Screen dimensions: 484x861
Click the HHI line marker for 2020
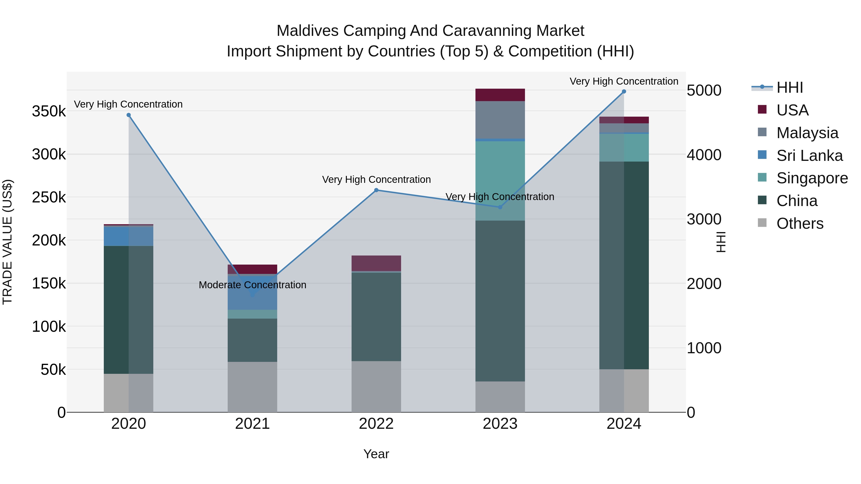coord(129,115)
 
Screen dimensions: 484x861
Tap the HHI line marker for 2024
coord(624,92)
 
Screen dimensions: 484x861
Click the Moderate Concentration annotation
coord(252,285)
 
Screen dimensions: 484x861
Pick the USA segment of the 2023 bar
coord(500,95)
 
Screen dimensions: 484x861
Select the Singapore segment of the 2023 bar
coord(500,181)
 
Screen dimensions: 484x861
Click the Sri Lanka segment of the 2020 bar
coord(129,236)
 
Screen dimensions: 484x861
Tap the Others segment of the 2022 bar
coord(376,386)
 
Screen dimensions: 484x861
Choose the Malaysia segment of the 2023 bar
coord(500,120)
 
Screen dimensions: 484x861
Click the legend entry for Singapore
coord(811,178)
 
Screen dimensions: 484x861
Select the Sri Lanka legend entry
coord(809,156)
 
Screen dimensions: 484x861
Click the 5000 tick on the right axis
coord(704,91)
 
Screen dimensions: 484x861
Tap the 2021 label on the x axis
coord(252,424)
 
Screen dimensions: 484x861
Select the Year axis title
coord(376,454)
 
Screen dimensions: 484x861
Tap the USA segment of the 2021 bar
coord(252,269)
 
